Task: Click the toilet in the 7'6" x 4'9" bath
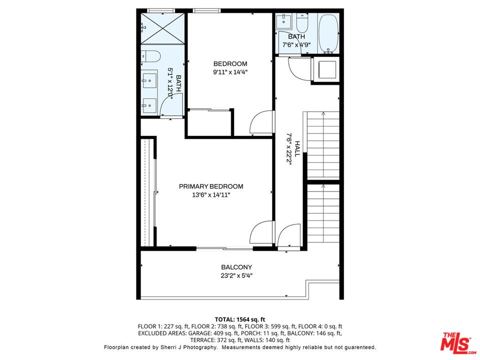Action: point(303,23)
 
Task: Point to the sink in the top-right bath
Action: point(284,21)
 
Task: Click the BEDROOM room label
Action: point(230,63)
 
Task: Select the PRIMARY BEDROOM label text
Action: point(211,186)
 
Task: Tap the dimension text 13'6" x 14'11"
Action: point(211,195)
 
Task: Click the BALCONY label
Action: point(236,267)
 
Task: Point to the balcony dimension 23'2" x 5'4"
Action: point(236,275)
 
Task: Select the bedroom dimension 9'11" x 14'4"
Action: point(230,72)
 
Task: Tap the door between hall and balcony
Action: point(289,236)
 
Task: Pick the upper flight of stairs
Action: point(322,145)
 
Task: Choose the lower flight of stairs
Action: point(322,212)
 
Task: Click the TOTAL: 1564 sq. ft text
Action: point(239,319)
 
